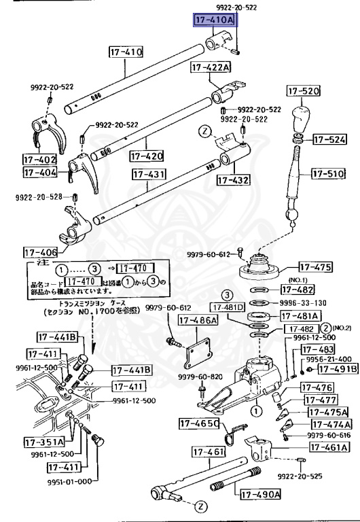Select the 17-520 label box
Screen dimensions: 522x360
[303, 91]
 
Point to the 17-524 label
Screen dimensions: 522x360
[330, 141]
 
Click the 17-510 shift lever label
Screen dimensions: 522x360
[329, 173]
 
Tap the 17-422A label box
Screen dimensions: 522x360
[211, 67]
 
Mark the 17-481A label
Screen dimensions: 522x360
[301, 316]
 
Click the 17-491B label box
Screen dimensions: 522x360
[338, 369]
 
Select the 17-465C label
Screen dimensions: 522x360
[199, 424]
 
